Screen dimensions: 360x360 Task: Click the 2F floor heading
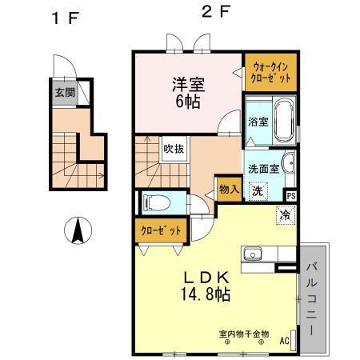(x=212, y=13)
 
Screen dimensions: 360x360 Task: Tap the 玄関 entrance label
(x=65, y=92)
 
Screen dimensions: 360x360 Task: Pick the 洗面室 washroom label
(x=262, y=170)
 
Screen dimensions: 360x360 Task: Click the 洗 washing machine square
(x=258, y=191)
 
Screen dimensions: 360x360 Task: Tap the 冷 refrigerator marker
(x=284, y=214)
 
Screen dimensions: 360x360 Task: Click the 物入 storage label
(x=228, y=189)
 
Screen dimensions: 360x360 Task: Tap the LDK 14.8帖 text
(x=201, y=283)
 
